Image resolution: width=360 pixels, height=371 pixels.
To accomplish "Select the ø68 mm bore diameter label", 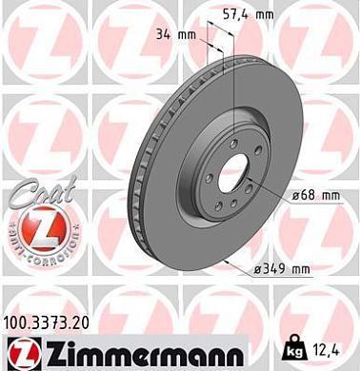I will tap(315, 195).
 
